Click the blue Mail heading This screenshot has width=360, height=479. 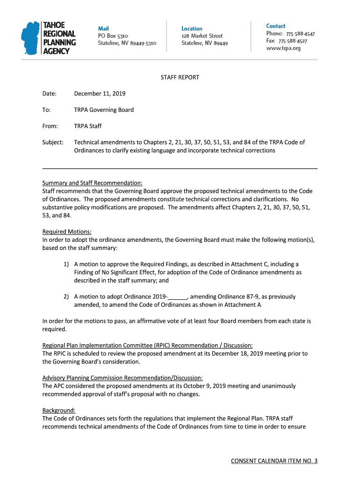(103, 29)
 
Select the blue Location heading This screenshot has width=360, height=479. (192, 29)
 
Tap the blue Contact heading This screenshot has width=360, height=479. (276, 26)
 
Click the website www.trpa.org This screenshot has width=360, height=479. (283, 48)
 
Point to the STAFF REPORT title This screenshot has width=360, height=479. (180, 77)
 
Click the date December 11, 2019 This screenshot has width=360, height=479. (100, 94)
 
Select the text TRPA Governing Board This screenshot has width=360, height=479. (104, 110)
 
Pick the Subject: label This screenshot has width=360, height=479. (53, 142)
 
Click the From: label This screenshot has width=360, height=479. (50, 126)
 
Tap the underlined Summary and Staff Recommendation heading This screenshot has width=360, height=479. (92, 183)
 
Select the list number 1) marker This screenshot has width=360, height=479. (67, 264)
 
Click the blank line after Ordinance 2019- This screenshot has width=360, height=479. (178, 297)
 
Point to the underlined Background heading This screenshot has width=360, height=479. (58, 410)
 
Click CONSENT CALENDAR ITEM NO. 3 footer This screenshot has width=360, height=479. (274, 461)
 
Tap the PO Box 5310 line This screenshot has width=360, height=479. (113, 36)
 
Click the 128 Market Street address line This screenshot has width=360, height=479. (202, 36)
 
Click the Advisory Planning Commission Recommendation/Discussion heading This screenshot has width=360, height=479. (122, 378)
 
